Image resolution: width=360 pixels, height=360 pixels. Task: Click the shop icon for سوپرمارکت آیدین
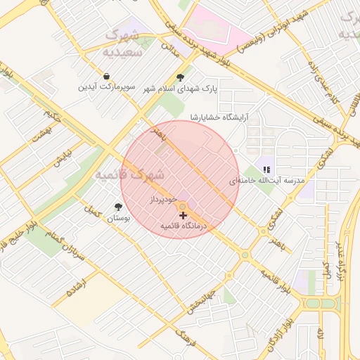point(105,76)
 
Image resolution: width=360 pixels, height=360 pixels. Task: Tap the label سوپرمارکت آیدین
point(105,88)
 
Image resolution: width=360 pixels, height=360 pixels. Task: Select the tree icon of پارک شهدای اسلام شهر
point(181,77)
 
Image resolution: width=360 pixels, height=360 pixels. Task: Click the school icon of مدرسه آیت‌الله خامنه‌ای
point(266,169)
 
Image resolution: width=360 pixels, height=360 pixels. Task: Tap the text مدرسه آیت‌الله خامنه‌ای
point(267,181)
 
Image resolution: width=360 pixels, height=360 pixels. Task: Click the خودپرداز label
point(161,200)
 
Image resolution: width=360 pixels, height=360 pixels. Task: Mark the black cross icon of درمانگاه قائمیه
point(183,214)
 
